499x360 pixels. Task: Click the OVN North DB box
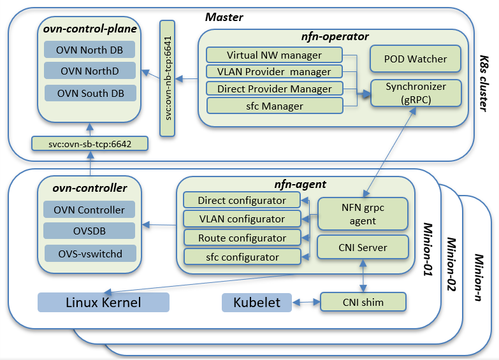tap(89, 50)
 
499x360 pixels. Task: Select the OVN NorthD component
tap(90, 71)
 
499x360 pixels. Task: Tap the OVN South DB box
tap(90, 93)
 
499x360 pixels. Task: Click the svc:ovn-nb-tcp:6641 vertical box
tap(168, 78)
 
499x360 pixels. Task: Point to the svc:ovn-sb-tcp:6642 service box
tap(90, 144)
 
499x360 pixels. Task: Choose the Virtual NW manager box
tap(274, 55)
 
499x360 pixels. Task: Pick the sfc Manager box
tap(275, 106)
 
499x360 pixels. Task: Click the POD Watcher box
tap(416, 59)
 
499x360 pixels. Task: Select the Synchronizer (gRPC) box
tap(416, 93)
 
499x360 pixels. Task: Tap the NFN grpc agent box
tap(363, 214)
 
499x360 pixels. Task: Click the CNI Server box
tap(363, 247)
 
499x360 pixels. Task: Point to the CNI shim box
tap(363, 302)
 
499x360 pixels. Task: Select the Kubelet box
tap(257, 303)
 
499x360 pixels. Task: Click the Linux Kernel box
tap(103, 303)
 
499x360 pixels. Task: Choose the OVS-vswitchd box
tap(90, 254)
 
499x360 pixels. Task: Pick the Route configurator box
tap(242, 238)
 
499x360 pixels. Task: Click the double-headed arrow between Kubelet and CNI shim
tap(306, 302)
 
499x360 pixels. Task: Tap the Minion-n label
tap(479, 277)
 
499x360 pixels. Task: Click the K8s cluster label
tap(484, 83)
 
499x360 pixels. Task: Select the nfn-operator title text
tap(335, 36)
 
